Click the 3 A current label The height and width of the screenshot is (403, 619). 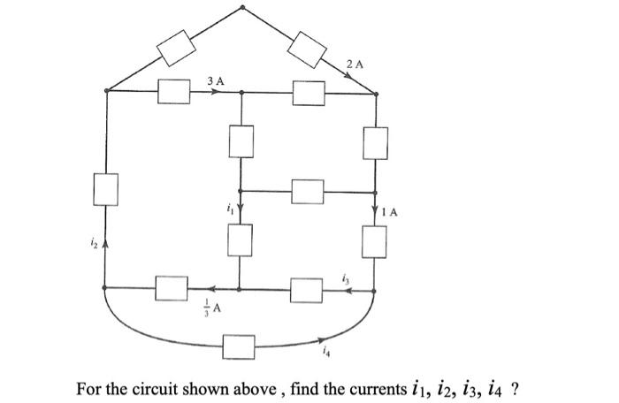215,80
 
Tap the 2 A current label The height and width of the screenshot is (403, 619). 355,64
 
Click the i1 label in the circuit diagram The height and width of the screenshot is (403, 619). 228,209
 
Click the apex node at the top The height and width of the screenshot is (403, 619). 243,8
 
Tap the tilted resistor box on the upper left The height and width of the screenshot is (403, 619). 175,48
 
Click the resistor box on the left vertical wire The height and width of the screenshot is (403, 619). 106,189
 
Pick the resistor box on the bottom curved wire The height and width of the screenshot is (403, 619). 239,346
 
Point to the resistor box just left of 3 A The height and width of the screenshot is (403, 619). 175,90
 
